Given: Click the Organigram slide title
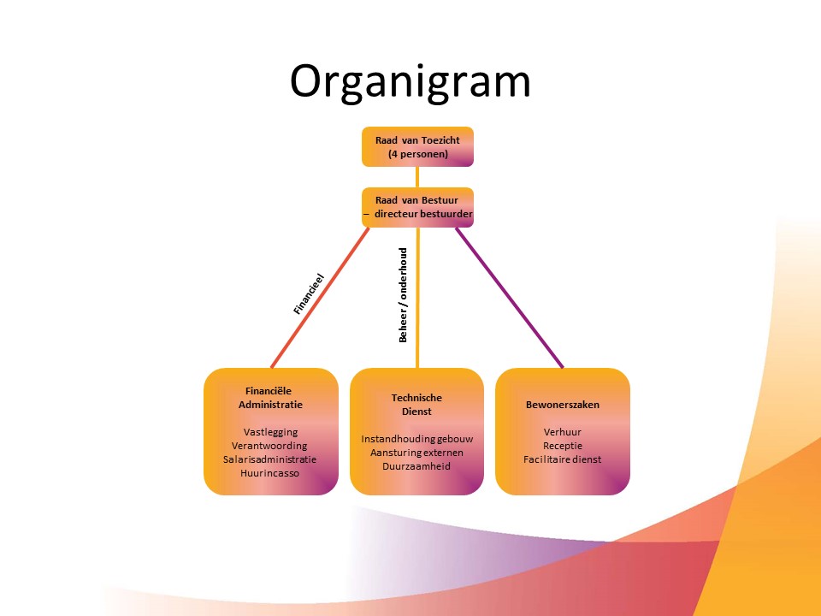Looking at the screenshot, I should click(x=410, y=82).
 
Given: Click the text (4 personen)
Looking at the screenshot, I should click(x=417, y=155).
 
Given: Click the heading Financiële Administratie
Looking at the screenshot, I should click(x=269, y=397).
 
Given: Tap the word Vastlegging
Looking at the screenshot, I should click(x=270, y=432).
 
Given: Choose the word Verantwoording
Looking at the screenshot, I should click(x=269, y=446).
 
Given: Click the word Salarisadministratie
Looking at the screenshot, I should click(x=269, y=459).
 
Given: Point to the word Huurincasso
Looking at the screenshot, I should click(x=270, y=473).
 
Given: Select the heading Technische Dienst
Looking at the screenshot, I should click(x=416, y=404).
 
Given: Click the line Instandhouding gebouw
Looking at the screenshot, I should click(x=416, y=439).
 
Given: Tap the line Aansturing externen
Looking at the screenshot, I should click(x=416, y=453).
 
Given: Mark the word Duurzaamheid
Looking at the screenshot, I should click(x=416, y=466).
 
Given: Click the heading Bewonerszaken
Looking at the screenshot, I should click(x=562, y=404).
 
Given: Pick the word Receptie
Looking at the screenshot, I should click(x=562, y=446).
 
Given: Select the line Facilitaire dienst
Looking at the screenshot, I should click(x=562, y=459).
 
